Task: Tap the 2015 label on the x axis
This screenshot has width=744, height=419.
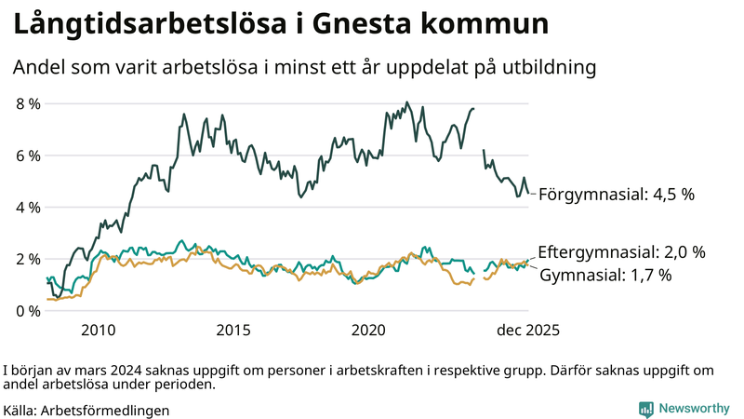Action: point(233,331)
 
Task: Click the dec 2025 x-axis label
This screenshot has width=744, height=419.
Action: point(527,331)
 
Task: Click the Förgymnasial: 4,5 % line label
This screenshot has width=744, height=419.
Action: point(617,195)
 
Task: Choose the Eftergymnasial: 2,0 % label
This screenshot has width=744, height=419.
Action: point(621,252)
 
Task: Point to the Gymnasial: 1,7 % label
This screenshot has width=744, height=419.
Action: point(605,276)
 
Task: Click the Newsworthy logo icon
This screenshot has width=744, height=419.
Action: point(645,409)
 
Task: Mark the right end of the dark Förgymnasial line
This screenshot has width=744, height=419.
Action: point(528,193)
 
